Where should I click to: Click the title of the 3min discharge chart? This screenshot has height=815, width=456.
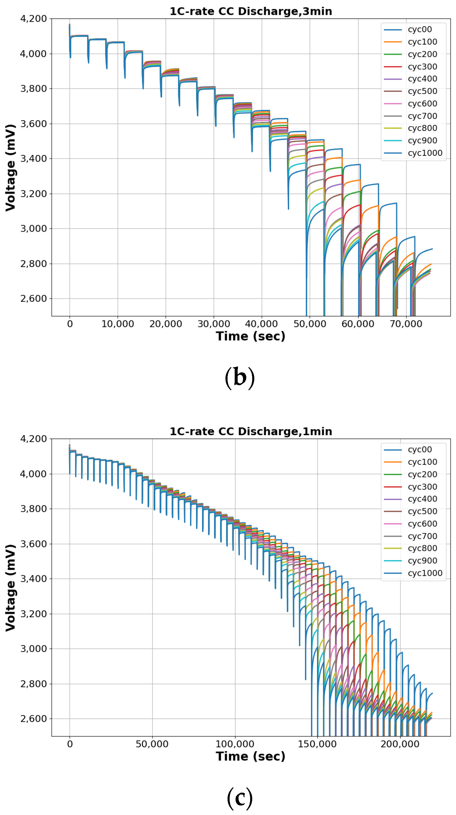pos(251,11)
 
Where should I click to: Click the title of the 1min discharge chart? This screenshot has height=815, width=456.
pos(251,432)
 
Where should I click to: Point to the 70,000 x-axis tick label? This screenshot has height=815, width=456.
pos(406,324)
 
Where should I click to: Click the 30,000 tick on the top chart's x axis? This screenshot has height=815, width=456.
pos(214,324)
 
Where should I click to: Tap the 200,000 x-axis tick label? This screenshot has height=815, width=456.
pos(400,744)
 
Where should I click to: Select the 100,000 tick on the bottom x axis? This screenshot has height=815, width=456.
pos(235,744)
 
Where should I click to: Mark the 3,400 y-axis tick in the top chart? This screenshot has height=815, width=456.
pos(34,159)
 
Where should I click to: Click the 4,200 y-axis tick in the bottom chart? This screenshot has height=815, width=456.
pos(34,439)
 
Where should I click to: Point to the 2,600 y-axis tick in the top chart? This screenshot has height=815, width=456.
pos(34,298)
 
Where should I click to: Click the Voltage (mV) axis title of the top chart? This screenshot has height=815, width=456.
pos(10,167)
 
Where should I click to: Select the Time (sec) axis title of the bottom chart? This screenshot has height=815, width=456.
pos(251,756)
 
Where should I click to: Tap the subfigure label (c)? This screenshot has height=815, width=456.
pos(239,797)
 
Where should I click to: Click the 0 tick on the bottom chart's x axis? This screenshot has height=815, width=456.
pos(70,744)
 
